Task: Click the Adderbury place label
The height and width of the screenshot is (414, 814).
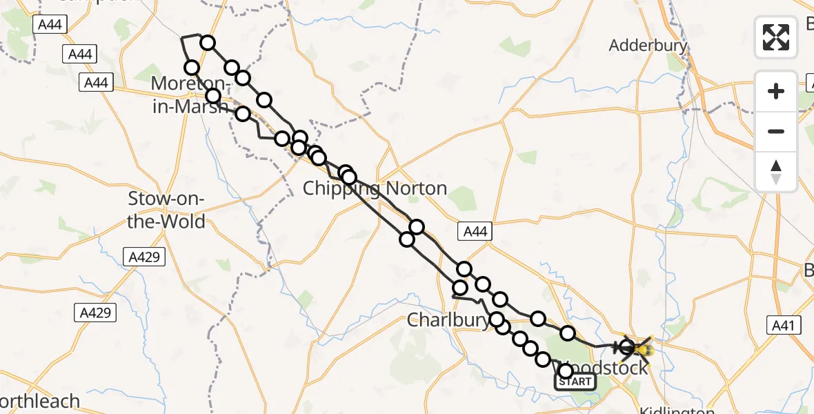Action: point(648,46)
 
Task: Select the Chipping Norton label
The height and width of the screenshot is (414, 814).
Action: point(375,188)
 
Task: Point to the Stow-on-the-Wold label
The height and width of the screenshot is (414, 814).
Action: point(167,210)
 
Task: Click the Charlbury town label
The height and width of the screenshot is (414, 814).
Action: point(448,320)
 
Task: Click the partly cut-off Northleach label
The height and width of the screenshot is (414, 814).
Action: point(38,401)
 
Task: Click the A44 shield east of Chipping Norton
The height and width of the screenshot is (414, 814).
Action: point(475,232)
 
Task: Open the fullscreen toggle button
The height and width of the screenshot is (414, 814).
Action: point(776,37)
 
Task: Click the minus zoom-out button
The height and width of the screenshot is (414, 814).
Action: point(776,131)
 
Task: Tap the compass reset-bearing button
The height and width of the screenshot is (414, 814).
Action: point(776,172)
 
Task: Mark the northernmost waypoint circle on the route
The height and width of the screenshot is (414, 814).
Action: point(208,43)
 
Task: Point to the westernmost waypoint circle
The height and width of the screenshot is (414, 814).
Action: point(192,67)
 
